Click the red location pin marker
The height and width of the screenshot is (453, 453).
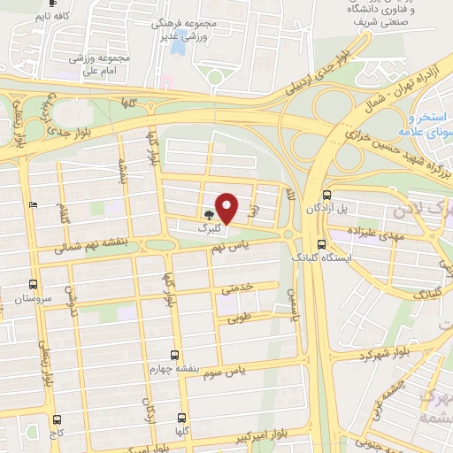click(x=226, y=208)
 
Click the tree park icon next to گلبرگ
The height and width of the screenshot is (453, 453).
click(x=209, y=214)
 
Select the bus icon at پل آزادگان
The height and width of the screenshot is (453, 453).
click(x=326, y=196)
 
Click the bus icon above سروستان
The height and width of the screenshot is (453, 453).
click(x=33, y=284)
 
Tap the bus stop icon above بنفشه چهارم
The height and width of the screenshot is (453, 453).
click(x=175, y=355)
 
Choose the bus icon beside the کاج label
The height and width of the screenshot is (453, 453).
click(x=58, y=419)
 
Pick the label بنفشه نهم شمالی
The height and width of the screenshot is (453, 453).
click(x=88, y=249)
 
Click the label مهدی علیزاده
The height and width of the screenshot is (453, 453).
click(x=351, y=232)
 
